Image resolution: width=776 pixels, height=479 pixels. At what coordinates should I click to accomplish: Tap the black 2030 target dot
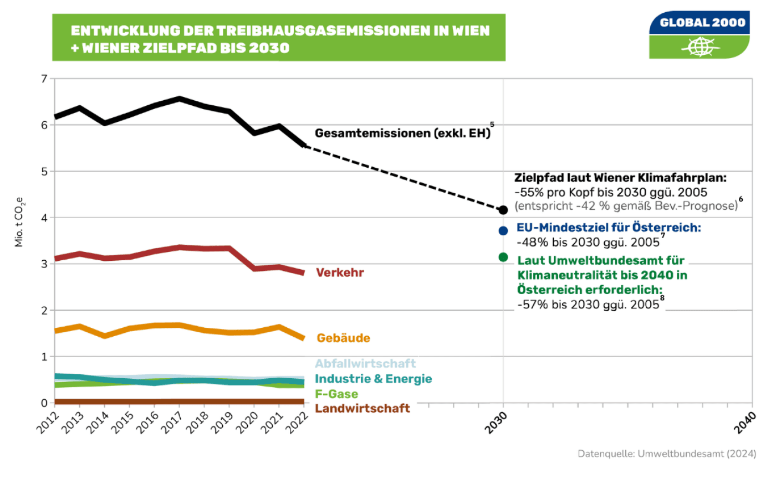[503, 210]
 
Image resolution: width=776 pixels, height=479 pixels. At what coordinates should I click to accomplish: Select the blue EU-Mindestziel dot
[503, 230]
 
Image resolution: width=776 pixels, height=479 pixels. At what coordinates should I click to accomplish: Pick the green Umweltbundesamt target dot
[503, 257]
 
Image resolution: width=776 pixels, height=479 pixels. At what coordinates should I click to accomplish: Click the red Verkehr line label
[340, 272]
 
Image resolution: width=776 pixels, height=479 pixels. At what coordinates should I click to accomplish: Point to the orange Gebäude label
[343, 338]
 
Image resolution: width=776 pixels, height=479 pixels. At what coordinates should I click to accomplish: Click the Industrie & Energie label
[373, 379]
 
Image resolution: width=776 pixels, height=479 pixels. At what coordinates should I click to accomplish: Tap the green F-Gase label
[336, 394]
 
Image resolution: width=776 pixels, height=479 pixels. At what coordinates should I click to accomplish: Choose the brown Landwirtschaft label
[363, 409]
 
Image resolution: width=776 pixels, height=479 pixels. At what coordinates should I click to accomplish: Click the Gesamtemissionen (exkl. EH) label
[402, 133]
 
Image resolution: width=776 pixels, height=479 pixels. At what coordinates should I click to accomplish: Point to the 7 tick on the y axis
[44, 79]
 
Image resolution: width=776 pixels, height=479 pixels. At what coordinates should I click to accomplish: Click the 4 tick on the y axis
[44, 218]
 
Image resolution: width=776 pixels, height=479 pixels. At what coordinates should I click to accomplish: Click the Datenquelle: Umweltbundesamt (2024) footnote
[667, 454]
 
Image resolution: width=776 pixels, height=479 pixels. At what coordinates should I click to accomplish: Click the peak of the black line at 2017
[179, 99]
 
